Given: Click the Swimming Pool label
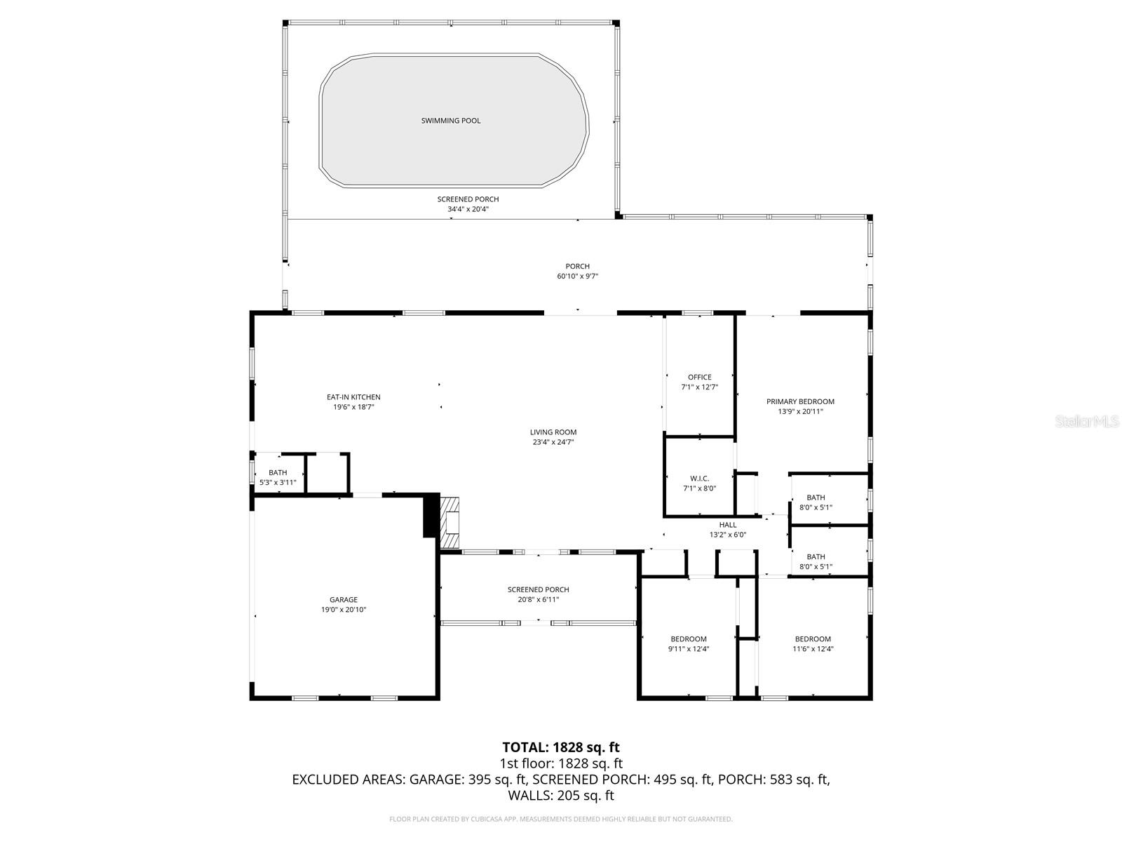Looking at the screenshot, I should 451,121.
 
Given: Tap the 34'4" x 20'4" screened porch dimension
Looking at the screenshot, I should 468,209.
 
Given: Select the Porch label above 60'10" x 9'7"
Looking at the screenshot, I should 577,266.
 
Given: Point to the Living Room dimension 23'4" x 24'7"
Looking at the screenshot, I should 553,442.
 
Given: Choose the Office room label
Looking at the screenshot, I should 699,377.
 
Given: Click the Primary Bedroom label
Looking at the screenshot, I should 800,401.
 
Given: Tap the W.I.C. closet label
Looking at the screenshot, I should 699,479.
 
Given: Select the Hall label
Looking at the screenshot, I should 727,525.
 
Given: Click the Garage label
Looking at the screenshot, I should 344,600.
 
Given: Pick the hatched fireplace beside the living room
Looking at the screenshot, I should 450,522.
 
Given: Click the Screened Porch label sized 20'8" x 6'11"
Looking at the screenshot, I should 538,589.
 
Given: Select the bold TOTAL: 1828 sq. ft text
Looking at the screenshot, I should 561,747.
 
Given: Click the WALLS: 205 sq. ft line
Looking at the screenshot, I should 561,796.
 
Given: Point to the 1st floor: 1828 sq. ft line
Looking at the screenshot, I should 561,763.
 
